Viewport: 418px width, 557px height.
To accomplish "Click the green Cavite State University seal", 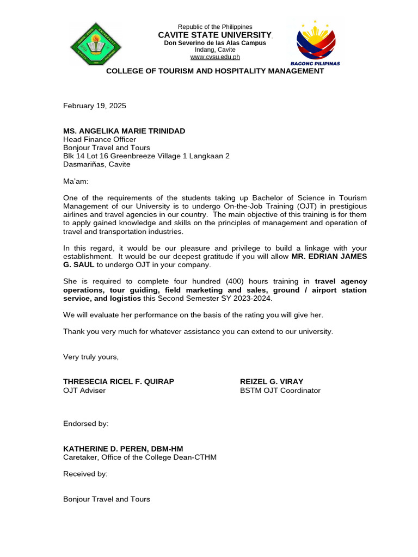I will pos(96,45).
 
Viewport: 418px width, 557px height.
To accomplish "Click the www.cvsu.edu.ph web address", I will pos(215,57).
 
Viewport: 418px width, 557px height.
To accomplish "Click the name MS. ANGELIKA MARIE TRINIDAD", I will pos(124,131).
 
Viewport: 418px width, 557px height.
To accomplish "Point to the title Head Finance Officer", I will pos(100,139).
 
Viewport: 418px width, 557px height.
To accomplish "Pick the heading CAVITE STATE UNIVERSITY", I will pos(216,35).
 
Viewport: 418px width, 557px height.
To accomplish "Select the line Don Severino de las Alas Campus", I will pos(216,43).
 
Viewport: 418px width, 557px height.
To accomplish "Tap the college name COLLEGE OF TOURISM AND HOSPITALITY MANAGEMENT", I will pos(215,71).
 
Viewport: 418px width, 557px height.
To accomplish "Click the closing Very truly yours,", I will pos(91,357).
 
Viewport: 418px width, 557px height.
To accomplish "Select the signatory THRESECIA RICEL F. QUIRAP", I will pos(119,381).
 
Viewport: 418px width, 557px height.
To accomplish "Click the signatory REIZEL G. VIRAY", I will pos(272,381).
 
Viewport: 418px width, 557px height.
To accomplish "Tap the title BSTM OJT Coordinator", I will pos(280,391).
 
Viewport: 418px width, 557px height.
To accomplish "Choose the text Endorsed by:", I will pos(86,423).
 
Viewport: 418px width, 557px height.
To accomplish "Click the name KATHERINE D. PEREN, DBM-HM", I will pos(123,449).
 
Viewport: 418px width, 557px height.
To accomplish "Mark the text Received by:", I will pos(85,474).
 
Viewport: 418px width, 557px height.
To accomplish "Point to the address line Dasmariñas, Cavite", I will pos(97,164).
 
